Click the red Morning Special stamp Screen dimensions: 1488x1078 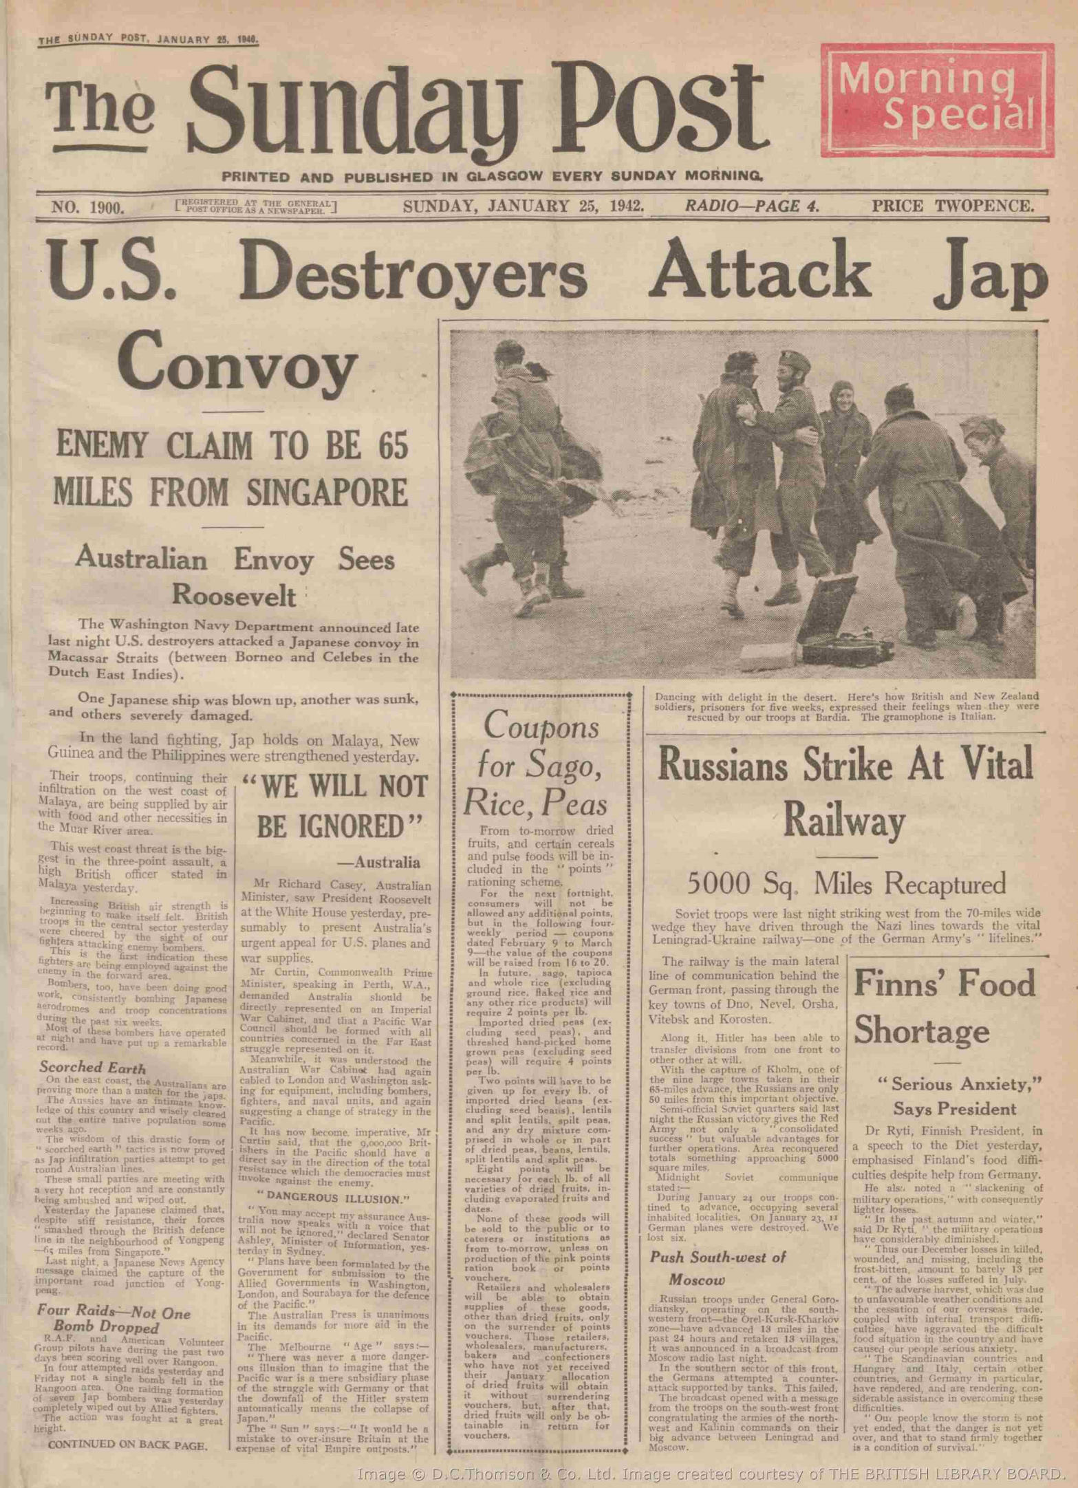[936, 102]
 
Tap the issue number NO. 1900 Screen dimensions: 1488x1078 [87, 206]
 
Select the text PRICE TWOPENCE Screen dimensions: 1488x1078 [953, 205]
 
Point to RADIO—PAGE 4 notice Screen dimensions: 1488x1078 [751, 205]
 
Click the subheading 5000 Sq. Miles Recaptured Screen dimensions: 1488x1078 [846, 883]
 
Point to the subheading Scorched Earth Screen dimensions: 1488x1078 [92, 1067]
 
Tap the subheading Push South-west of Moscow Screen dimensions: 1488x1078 [718, 1268]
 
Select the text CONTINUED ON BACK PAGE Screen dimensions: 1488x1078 [128, 1445]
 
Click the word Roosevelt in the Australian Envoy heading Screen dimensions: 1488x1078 [234, 595]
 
